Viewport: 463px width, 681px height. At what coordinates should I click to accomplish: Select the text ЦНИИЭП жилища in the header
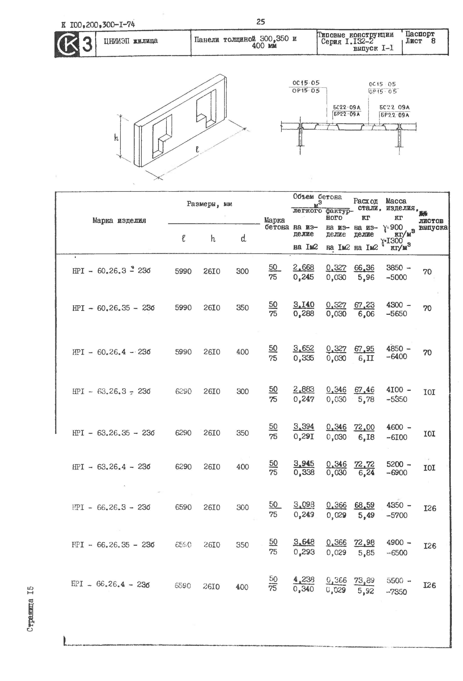tap(131, 41)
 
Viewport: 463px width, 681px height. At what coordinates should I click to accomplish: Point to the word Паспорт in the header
tap(420, 34)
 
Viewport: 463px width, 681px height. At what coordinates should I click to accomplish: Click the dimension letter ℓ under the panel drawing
tap(197, 150)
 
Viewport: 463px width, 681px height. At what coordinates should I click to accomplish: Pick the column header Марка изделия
tap(119, 220)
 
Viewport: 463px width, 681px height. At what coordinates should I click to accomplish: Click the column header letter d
tap(243, 239)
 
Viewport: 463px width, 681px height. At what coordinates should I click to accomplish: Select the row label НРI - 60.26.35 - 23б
tap(113, 308)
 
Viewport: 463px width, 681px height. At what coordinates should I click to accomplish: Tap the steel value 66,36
tap(364, 268)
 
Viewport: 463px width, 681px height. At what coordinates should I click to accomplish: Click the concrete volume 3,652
tap(303, 348)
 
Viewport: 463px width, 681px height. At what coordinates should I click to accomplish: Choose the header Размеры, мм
tap(209, 204)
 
